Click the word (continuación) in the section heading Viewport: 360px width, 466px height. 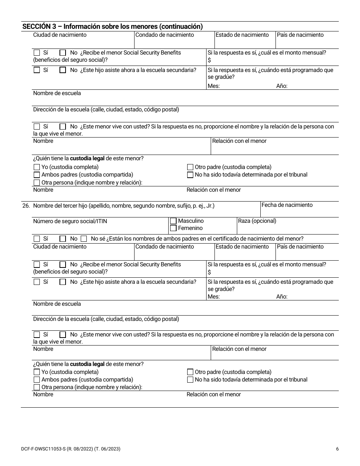[x=181, y=27]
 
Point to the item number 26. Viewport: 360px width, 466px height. [x=26, y=206]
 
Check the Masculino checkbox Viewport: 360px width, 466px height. [x=173, y=221]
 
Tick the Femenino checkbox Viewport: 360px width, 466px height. [x=173, y=228]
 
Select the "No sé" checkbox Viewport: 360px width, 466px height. [x=84, y=239]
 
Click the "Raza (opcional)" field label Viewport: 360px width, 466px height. [x=257, y=221]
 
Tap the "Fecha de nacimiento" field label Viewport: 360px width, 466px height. [x=287, y=205]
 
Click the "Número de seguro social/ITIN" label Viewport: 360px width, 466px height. [x=67, y=221]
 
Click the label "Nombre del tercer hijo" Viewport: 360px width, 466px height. [x=60, y=206]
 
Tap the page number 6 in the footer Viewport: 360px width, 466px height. [x=337, y=449]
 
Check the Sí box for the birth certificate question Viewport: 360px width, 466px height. [x=37, y=239]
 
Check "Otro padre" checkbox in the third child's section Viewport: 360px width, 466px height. [x=190, y=372]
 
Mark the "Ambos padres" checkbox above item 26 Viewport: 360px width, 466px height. [x=37, y=175]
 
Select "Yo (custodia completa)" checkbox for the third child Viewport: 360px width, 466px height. [x=37, y=372]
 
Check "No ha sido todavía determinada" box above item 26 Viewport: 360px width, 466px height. [x=190, y=175]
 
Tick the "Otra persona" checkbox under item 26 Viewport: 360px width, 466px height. [x=37, y=387]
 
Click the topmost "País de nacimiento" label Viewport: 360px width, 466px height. [x=300, y=35]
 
